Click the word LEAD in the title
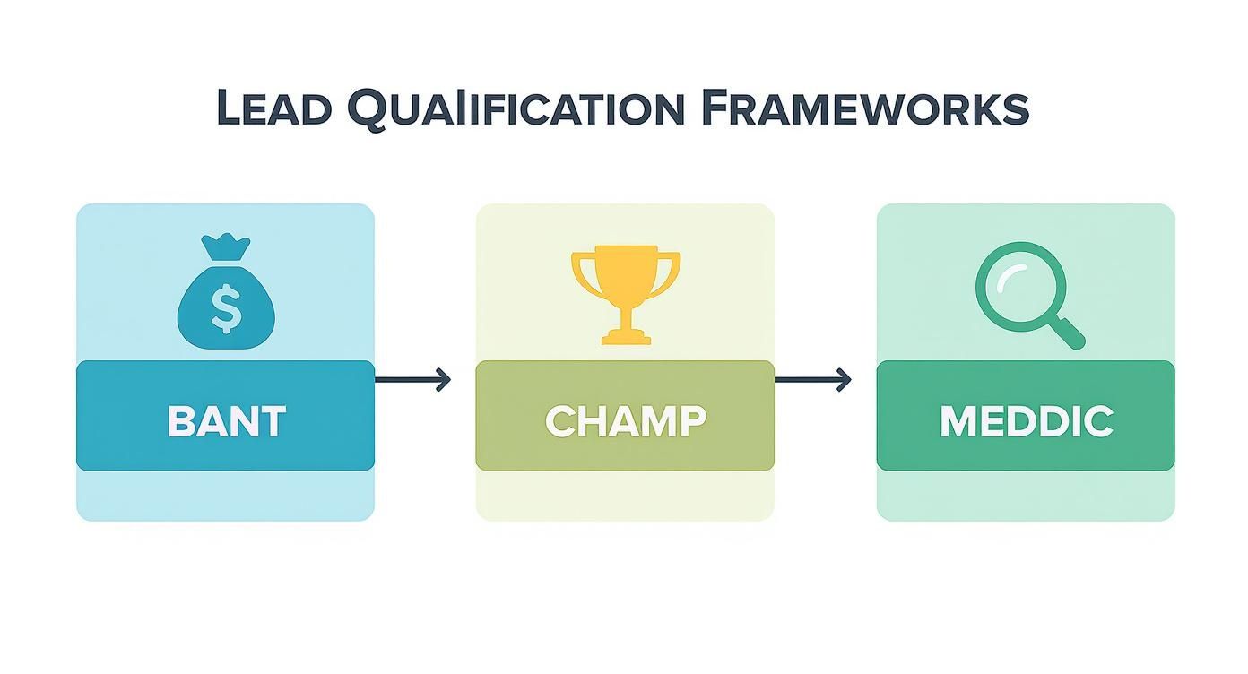[273, 109]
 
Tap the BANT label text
[226, 421]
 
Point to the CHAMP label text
[625, 421]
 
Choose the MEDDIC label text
[1026, 421]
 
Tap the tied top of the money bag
[226, 246]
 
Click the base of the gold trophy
[626, 337]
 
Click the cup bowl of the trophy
[626, 273]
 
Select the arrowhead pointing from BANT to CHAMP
[444, 380]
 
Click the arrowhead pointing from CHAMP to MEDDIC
[844, 380]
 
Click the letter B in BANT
[181, 421]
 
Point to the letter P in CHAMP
[690, 421]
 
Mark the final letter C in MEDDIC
[1097, 421]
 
